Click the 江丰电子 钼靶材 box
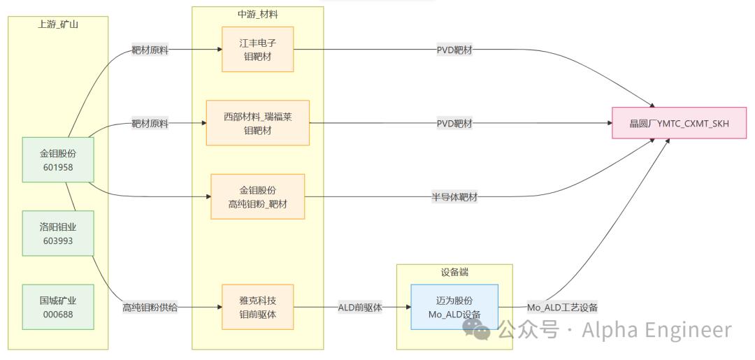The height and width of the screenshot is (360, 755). coord(257,49)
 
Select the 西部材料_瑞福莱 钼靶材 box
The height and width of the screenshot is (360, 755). coord(257,123)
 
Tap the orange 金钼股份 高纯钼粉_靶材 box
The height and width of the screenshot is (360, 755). coord(257,196)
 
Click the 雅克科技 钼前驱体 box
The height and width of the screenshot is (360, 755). coord(257,307)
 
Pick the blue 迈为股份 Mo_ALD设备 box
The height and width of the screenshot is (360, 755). coord(454,307)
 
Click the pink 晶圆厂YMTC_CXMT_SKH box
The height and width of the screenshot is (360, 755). coord(679,123)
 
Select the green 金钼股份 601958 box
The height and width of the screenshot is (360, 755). coord(58,160)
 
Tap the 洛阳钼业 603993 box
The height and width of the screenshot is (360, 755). coord(58,233)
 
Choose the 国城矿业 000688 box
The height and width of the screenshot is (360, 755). coord(58,307)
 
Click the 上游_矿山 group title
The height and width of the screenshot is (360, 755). coord(58,24)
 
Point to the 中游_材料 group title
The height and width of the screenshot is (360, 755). coord(257,15)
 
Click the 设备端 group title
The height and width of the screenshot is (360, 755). coord(454,272)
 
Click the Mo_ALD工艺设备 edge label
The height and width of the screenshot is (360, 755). coord(562,307)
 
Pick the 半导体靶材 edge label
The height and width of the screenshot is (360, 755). coord(454,196)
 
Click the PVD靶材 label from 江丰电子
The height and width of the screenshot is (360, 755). coord(454,50)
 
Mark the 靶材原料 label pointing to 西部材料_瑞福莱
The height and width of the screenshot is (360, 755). coord(150,124)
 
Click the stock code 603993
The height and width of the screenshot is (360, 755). coord(58,240)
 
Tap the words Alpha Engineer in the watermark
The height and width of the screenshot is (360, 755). coord(656,330)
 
